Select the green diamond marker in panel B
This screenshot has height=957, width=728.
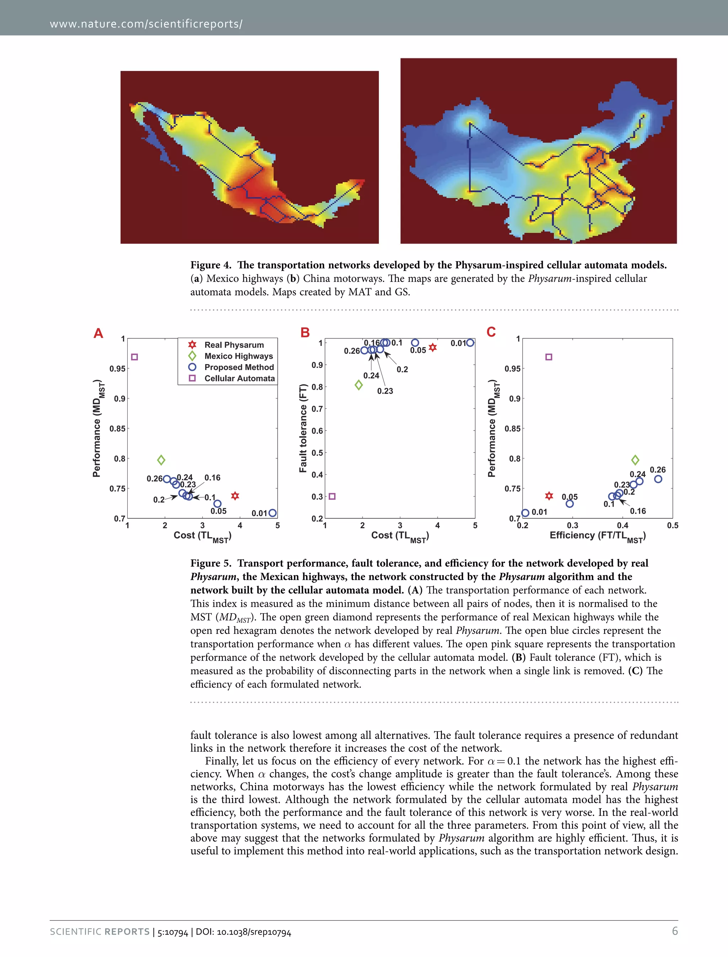pos(358,385)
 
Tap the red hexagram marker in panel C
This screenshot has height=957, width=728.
pos(549,496)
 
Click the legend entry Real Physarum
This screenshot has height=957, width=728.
pos(234,344)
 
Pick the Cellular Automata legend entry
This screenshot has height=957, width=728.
pos(239,378)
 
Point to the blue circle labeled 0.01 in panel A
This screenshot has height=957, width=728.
pos(272,513)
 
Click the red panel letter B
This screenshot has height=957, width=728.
pos(305,332)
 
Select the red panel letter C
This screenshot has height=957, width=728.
pos(491,332)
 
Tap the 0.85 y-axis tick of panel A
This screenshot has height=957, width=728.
pos(117,428)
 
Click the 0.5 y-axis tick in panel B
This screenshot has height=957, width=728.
pos(317,453)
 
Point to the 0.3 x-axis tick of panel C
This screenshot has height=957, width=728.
pos(572,525)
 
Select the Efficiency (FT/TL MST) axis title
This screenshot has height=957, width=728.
pos(598,536)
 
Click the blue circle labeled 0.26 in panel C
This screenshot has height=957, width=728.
pos(658,479)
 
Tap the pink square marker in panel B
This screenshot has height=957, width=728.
pos(332,496)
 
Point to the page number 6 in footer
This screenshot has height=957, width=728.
pos(675,931)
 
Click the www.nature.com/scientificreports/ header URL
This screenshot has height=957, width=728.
pos(146,24)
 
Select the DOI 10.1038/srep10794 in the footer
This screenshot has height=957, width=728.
pos(243,932)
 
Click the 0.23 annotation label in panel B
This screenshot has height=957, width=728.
pos(385,391)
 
